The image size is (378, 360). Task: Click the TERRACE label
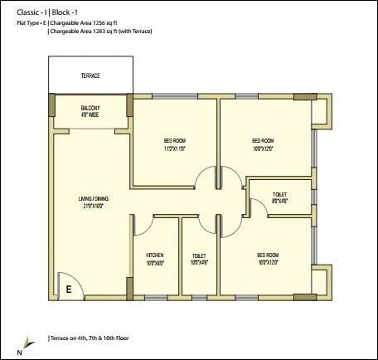click(x=90, y=75)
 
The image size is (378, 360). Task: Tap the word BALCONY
click(x=90, y=109)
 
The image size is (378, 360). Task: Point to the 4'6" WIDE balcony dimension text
click(x=90, y=115)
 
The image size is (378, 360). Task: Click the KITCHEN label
click(x=156, y=255)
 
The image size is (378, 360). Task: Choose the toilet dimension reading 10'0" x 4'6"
click(x=199, y=263)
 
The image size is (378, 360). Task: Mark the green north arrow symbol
click(x=28, y=340)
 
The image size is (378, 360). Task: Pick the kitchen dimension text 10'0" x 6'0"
click(x=156, y=263)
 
